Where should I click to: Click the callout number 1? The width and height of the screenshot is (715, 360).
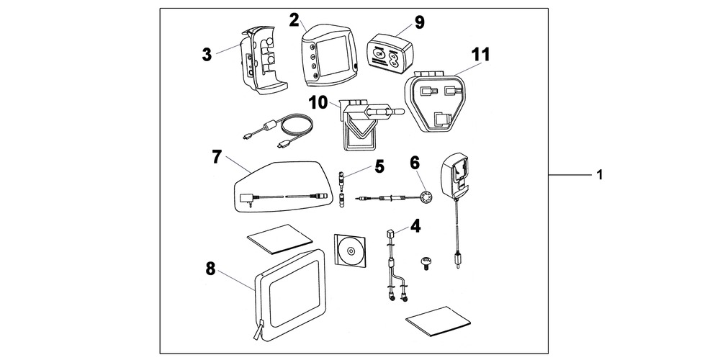(x=601, y=175)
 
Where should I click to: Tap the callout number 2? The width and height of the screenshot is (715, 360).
(x=294, y=19)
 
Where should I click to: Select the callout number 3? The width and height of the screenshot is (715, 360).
(x=207, y=55)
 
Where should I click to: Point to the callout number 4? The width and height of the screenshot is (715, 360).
(x=415, y=226)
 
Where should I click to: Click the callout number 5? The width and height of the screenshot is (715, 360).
(x=379, y=167)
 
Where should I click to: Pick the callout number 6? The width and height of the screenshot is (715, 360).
(x=415, y=162)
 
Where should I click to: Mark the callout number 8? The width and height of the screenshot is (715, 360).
(x=210, y=268)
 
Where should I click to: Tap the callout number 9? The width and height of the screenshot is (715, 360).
(x=419, y=22)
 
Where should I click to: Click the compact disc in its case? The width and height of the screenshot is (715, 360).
(x=351, y=251)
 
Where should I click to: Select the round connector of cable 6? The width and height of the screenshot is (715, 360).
(x=424, y=197)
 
